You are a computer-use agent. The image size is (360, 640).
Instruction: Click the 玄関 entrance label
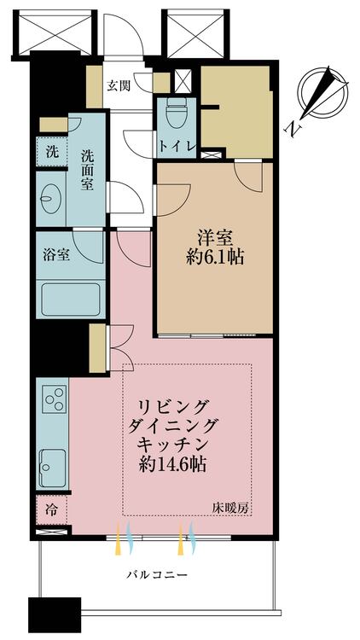coord(119,85)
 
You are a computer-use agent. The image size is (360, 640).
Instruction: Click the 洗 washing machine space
coord(51,152)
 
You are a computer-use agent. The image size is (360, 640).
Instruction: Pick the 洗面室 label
coord(87,170)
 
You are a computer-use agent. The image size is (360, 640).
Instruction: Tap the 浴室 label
coord(56,255)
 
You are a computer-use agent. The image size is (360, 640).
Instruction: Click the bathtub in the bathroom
coord(70,300)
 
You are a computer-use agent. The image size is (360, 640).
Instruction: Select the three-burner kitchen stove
coord(55,399)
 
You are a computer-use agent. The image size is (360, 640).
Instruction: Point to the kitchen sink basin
coord(53,468)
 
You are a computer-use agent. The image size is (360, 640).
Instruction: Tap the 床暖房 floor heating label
coord(230,509)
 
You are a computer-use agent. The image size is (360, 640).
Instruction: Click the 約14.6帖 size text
coord(171,464)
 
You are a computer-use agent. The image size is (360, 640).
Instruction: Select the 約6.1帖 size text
coord(215,258)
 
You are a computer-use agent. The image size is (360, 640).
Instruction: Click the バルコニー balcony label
coord(156,575)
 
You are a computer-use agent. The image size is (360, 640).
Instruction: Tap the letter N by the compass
coord(293,130)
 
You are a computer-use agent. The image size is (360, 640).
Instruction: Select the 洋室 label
coord(215,238)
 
